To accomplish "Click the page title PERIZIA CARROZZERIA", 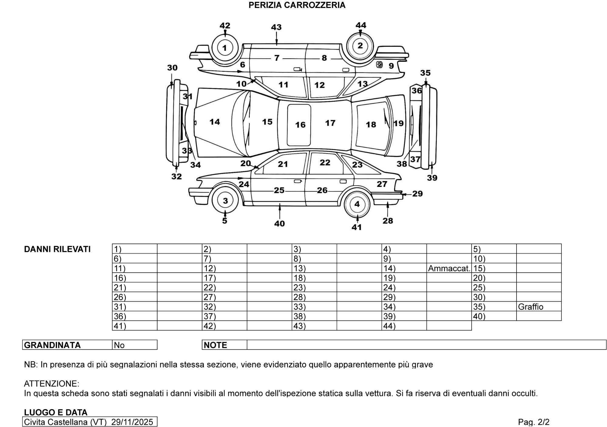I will point(297,5).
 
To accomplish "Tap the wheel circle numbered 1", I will point(225,48).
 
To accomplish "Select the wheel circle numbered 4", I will point(357,204).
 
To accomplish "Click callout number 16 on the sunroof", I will point(300,125).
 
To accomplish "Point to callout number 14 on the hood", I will point(215,122).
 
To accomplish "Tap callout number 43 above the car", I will point(276,27).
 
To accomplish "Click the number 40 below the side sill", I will point(280,224).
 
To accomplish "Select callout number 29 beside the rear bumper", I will point(418,194).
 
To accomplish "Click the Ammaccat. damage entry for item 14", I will point(449,268).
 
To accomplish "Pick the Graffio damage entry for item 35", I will point(531,307).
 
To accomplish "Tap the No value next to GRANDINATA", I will point(119,345).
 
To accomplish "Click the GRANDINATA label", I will point(52,345).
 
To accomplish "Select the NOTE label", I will point(215,345).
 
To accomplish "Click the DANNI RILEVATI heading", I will point(57,249).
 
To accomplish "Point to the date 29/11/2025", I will point(132,422).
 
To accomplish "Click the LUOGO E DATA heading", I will point(56,412).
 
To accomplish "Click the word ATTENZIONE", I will point(51,384).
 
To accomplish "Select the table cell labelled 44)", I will point(389,326).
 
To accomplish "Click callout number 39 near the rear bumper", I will point(432,178).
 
